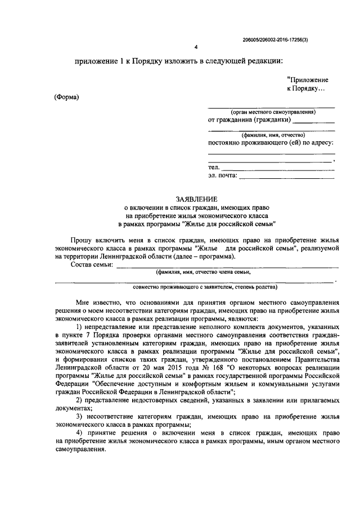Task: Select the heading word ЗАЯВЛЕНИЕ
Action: [195, 199]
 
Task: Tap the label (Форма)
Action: [67, 97]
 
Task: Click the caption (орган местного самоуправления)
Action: [273, 112]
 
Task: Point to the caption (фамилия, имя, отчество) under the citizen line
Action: [273, 135]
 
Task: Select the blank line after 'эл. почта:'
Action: [287, 176]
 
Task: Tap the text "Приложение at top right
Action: [308, 80]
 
